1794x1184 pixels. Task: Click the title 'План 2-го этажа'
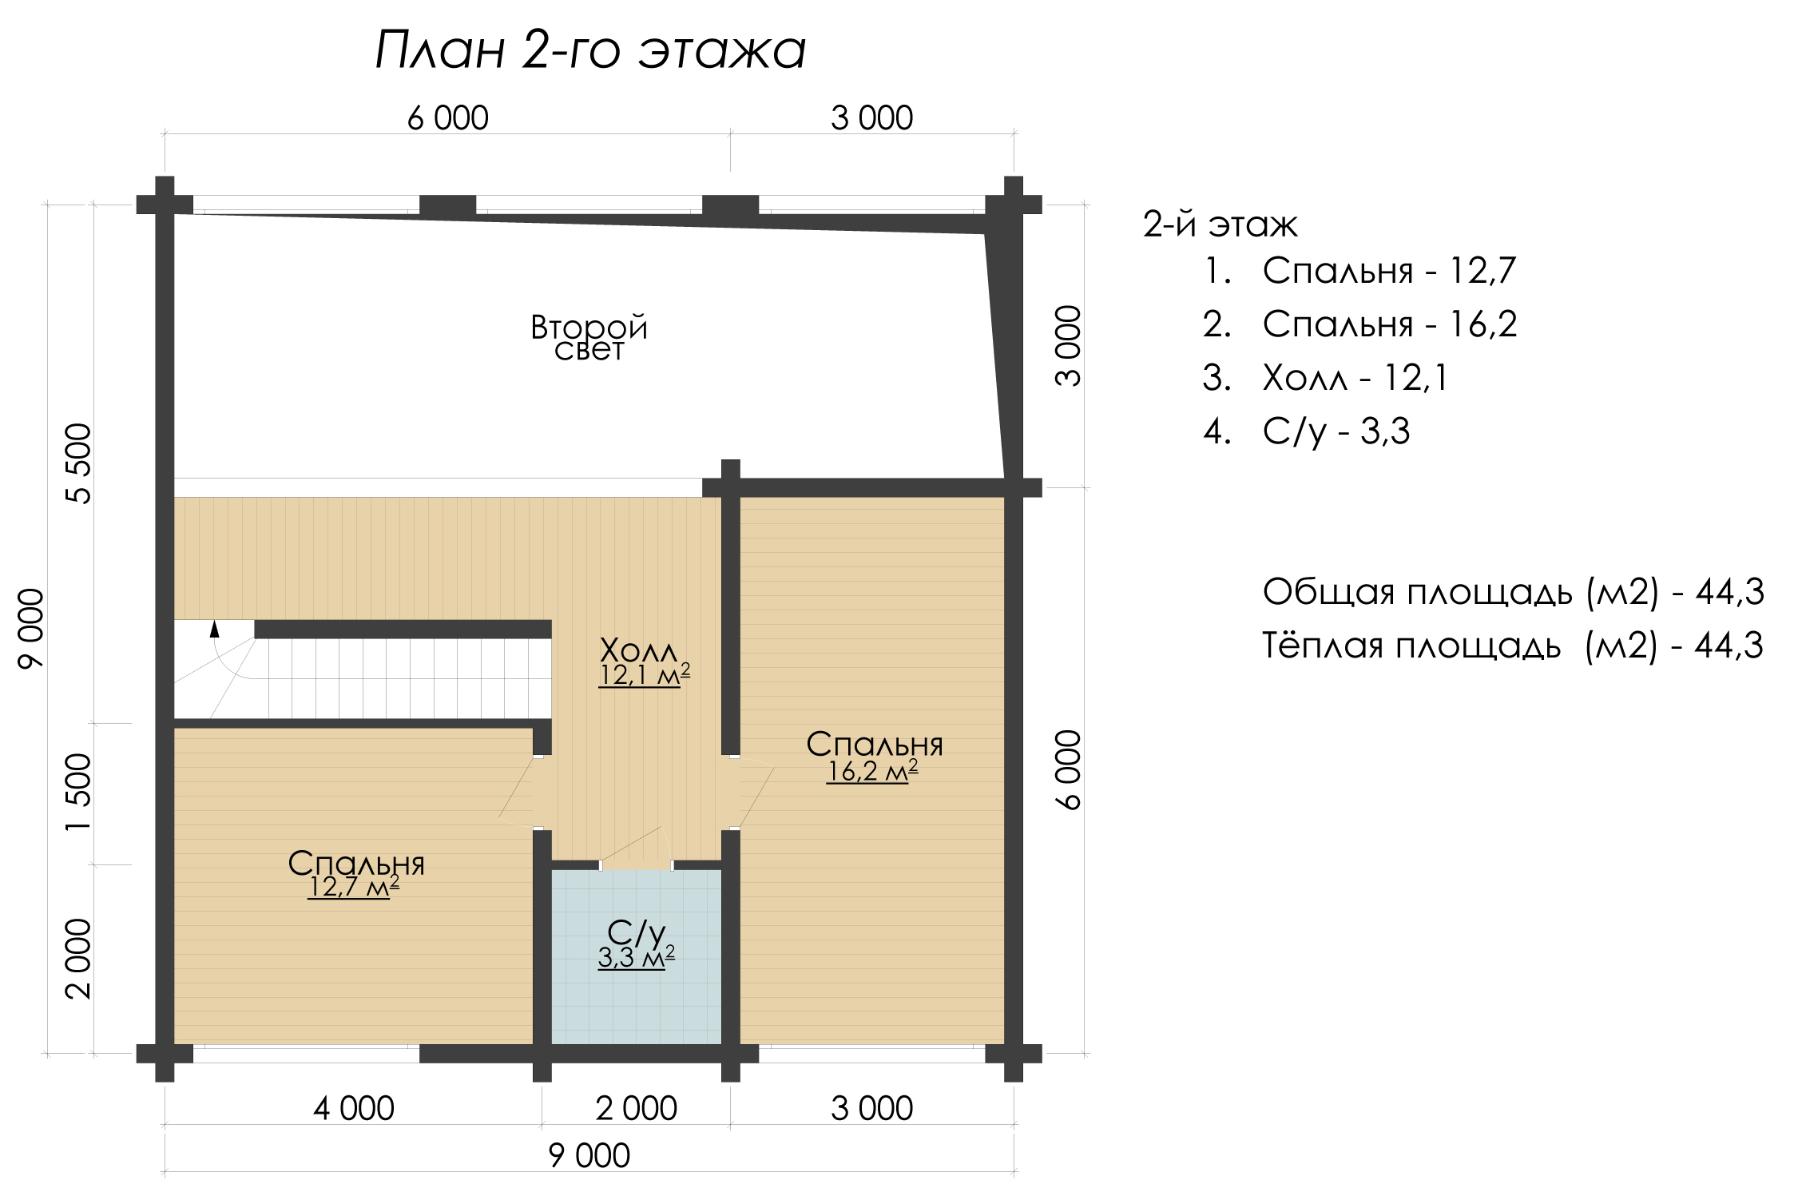click(590, 50)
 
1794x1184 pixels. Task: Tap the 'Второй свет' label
click(589, 338)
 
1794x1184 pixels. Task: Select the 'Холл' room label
click(638, 650)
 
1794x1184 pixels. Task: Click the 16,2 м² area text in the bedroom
click(872, 771)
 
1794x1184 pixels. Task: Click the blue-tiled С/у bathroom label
click(636, 932)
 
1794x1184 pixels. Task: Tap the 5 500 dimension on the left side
click(78, 463)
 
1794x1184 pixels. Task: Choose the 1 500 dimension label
click(78, 793)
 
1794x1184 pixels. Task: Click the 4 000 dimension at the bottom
click(354, 1109)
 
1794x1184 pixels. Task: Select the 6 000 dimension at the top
click(448, 118)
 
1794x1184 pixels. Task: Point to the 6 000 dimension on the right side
click(1068, 770)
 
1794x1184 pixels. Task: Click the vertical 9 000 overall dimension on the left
click(31, 628)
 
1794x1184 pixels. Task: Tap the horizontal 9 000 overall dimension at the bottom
click(589, 1156)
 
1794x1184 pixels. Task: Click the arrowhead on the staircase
click(214, 629)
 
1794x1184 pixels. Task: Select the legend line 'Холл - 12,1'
click(1325, 378)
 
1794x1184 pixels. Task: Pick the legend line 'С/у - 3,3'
click(1307, 431)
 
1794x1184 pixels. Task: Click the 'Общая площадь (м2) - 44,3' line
click(1514, 592)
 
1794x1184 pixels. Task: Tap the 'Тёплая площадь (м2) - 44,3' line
click(1513, 646)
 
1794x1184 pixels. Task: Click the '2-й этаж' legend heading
click(1220, 224)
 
